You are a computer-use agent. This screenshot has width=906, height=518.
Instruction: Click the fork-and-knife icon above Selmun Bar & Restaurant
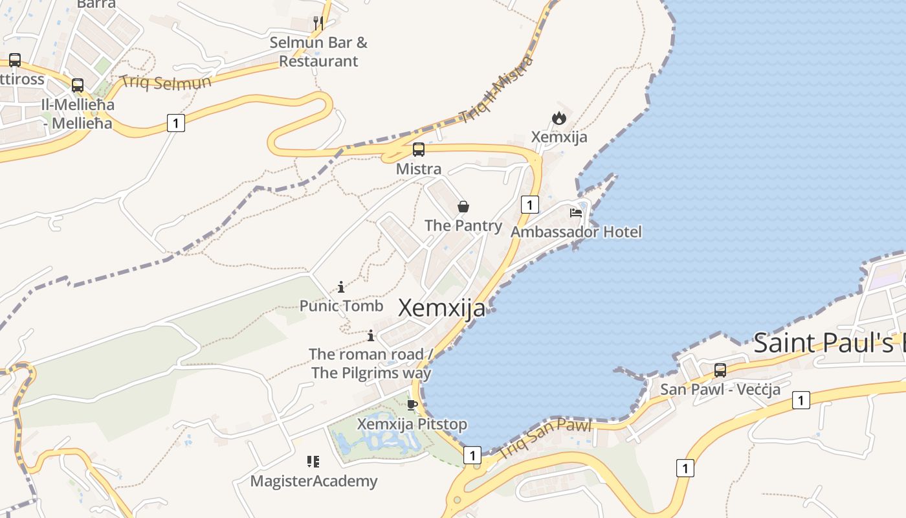click(318, 23)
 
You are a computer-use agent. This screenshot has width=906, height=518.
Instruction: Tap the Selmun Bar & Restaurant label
click(318, 52)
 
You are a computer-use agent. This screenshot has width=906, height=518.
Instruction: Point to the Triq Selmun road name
click(166, 82)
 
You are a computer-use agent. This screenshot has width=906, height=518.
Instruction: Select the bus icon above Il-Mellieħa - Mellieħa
click(78, 85)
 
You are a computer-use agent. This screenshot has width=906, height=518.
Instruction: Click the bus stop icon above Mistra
click(419, 150)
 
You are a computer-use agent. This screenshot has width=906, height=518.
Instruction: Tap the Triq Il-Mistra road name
click(496, 89)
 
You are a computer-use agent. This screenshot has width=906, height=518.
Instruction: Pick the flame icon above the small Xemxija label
click(559, 118)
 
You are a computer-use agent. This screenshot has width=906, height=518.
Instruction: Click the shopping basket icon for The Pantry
click(463, 207)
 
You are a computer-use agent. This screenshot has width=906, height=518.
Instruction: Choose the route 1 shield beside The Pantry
click(529, 205)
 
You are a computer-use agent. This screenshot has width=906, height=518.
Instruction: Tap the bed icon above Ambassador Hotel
click(576, 212)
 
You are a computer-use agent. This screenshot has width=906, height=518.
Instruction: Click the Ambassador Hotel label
click(576, 232)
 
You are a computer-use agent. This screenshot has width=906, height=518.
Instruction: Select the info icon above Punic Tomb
click(341, 287)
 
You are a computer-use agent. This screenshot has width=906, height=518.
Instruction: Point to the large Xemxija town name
click(441, 308)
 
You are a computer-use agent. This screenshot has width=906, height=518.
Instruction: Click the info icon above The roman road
click(371, 335)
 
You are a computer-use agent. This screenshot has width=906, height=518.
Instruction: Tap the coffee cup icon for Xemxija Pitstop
click(412, 405)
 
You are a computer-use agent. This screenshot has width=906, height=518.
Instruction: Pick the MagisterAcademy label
click(313, 481)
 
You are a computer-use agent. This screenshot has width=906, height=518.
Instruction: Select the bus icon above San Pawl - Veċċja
click(720, 370)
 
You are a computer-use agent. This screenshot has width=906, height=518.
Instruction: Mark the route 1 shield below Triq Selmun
click(176, 122)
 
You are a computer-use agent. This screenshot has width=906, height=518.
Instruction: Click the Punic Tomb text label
click(341, 306)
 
